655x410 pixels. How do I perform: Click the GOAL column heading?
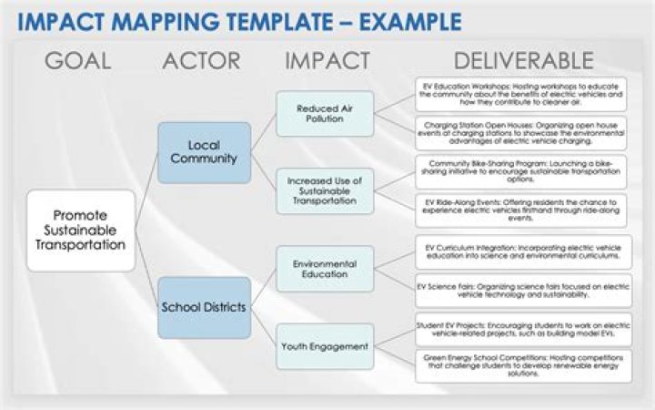point(78,61)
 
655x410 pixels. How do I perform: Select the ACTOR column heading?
point(201,61)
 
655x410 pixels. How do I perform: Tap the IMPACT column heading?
point(327,61)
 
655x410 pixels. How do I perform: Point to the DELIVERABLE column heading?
point(523,61)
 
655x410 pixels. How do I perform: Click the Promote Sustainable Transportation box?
point(80,230)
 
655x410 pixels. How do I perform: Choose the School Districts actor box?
point(204,307)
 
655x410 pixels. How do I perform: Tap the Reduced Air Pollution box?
point(325,114)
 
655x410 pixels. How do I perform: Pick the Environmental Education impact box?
point(325,269)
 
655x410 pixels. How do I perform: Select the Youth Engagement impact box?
point(325,346)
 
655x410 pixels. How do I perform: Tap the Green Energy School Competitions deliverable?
point(522,365)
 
